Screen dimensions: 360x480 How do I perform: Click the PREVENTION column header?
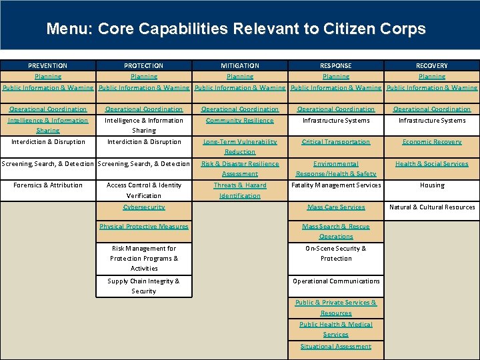coord(47,66)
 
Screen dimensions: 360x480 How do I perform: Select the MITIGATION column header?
coord(240,66)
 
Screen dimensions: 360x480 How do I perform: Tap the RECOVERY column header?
coord(432,66)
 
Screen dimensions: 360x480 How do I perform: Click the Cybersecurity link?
coord(144,207)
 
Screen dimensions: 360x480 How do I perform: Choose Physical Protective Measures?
coord(144,227)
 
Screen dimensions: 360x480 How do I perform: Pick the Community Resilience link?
coord(240,121)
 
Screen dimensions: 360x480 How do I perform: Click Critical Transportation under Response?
coord(336,142)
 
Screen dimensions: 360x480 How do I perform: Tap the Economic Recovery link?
coord(432,142)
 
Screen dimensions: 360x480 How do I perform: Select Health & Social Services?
coord(432,164)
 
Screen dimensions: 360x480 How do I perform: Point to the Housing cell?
coord(432,185)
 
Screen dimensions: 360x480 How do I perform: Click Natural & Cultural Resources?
coord(432,207)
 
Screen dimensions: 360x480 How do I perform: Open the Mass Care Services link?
coord(336,207)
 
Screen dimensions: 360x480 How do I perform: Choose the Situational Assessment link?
coord(336,347)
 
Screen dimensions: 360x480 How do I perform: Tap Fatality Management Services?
coord(336,185)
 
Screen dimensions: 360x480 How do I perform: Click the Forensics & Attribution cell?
coord(48,185)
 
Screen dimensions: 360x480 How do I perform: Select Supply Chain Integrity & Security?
coord(144,286)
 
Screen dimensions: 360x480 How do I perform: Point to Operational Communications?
coord(336,281)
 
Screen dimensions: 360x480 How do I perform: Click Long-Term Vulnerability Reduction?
coord(240,147)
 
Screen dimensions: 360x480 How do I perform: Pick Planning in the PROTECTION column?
coord(144,77)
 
